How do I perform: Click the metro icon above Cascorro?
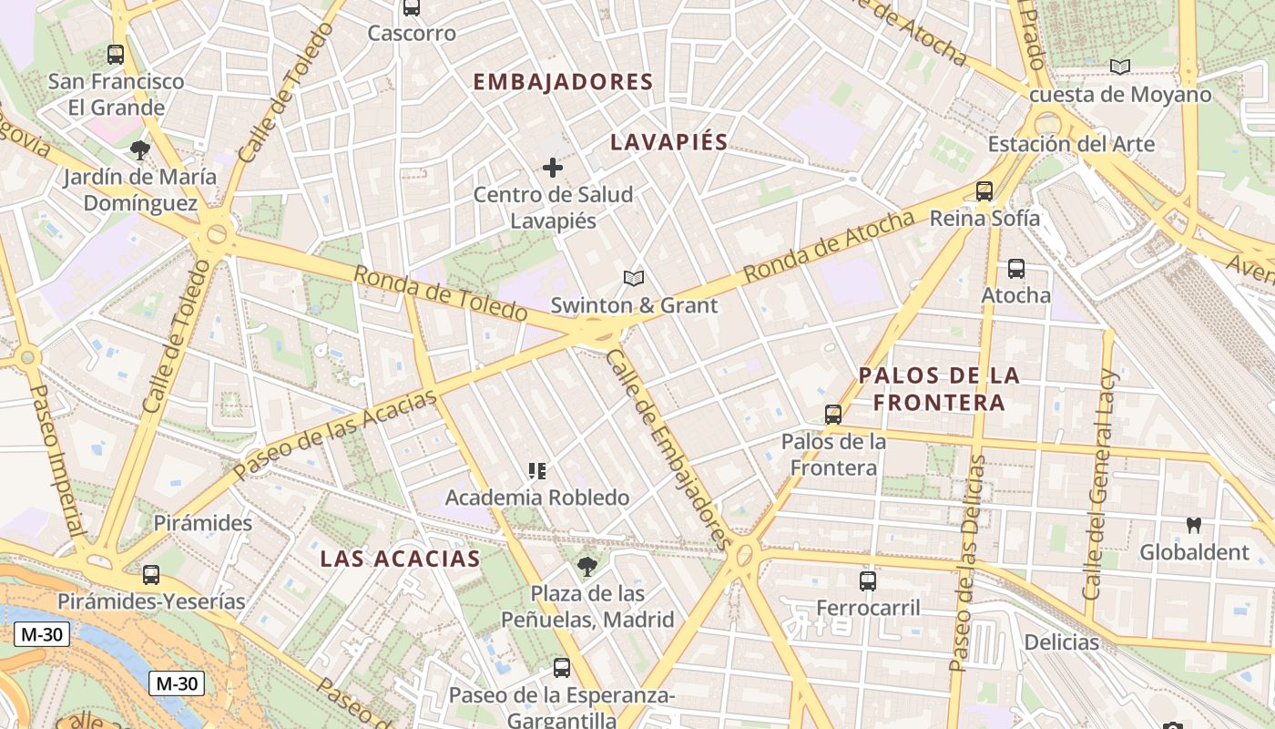(412, 8)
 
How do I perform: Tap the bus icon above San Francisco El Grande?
(116, 55)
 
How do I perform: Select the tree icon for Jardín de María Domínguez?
(139, 150)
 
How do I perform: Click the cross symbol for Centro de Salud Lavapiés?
(553, 168)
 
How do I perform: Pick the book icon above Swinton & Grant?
(634, 278)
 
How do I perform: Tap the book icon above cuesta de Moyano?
(1119, 67)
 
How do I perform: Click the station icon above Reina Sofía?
(984, 191)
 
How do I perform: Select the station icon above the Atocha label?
(1016, 269)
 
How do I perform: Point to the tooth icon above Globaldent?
(1194, 526)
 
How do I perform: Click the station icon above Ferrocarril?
(868, 580)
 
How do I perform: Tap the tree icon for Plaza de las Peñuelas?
(587, 567)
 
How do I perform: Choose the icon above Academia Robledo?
(537, 471)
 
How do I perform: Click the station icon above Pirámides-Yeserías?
(151, 575)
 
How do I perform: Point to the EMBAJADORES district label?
(563, 82)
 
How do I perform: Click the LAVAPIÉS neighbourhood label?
(669, 142)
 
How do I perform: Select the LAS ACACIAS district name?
(400, 559)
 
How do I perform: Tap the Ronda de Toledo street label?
(440, 293)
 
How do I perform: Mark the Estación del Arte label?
(1071, 144)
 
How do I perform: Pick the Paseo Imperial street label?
(56, 459)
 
